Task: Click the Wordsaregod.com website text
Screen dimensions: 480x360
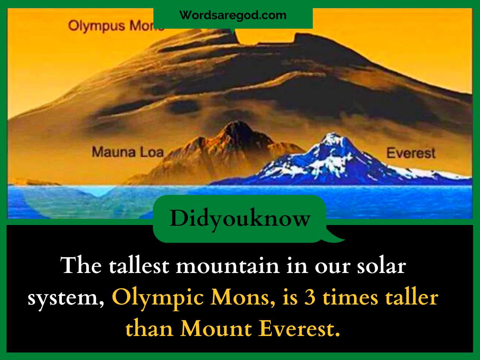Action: click(232, 15)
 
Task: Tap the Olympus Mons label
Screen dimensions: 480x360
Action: click(116, 26)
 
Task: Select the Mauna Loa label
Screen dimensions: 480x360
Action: click(128, 152)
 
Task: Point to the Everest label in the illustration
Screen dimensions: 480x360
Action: click(411, 153)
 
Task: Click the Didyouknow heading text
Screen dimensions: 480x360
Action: click(240, 218)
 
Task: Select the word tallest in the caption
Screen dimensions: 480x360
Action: click(139, 266)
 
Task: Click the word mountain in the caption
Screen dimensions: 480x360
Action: click(228, 267)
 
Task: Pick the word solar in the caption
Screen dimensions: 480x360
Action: click(381, 266)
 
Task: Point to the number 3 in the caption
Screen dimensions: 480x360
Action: click(310, 298)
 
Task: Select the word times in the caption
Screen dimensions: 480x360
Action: click(350, 298)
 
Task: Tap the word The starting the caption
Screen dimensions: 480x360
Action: click(81, 265)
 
